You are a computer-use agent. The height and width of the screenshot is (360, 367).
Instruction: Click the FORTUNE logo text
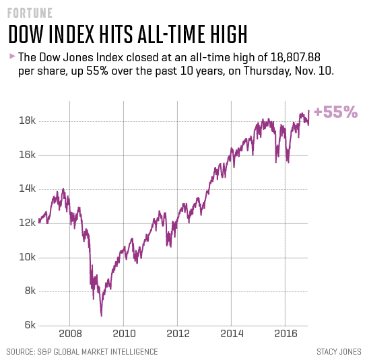tap(30, 13)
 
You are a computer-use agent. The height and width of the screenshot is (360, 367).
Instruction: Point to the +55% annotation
tap(335, 112)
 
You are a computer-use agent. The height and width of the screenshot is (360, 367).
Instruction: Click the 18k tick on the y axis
tap(27, 121)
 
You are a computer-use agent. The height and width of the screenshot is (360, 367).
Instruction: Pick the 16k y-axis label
tap(27, 155)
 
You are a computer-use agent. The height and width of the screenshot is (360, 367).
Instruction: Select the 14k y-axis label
tap(27, 189)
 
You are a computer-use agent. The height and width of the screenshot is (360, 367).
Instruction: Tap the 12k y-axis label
tap(27, 223)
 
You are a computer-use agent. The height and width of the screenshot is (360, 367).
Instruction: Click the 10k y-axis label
tap(27, 257)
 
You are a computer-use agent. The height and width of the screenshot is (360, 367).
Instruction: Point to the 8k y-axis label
tap(29, 291)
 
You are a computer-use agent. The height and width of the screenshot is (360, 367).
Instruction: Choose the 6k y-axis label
tap(29, 325)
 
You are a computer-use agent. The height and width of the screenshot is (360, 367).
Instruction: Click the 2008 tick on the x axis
tap(69, 333)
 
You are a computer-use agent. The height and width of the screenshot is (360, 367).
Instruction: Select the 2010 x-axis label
tap(123, 333)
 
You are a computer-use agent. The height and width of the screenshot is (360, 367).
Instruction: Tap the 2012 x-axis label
tap(177, 333)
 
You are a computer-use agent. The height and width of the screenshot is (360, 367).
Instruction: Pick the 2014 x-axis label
tap(231, 333)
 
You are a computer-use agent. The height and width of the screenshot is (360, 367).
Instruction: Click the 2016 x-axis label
tap(285, 333)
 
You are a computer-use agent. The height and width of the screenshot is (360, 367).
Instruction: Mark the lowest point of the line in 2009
tap(101, 315)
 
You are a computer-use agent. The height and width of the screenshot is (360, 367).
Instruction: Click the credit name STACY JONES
tap(339, 351)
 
